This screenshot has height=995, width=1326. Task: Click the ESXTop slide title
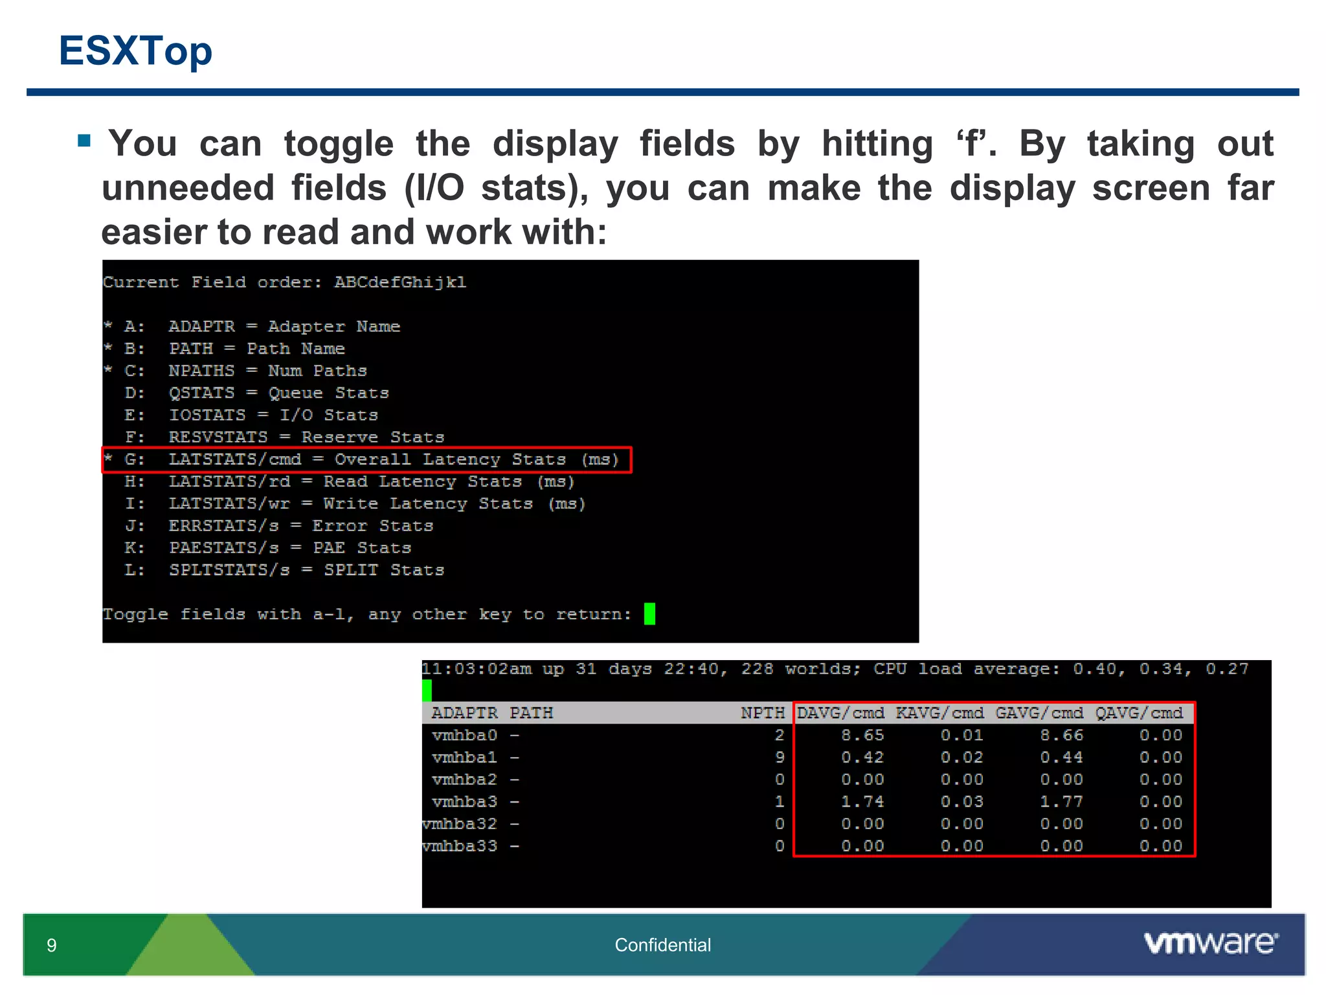coord(135,51)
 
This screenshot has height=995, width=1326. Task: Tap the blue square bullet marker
coord(84,141)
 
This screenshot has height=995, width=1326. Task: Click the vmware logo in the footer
coord(1211,943)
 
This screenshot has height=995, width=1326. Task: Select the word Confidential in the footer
coord(662,945)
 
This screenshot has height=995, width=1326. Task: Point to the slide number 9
coord(52,946)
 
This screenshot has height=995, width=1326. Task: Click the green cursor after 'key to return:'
coord(649,613)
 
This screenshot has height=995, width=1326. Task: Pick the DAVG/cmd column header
coord(840,713)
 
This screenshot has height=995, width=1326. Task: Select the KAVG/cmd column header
coord(939,713)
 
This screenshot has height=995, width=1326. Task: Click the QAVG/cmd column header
coord(1139,713)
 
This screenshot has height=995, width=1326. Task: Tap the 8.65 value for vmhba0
coord(862,735)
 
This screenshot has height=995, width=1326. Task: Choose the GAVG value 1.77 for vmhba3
coord(1061,802)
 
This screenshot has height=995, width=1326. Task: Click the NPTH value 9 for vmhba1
coord(780,757)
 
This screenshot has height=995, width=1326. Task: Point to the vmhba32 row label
coord(460,824)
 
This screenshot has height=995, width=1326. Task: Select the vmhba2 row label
coord(464,779)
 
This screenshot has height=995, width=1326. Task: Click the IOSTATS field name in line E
coord(207,415)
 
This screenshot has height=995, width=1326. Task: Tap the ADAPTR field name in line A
coord(202,326)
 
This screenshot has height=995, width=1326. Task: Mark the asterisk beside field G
coord(109,459)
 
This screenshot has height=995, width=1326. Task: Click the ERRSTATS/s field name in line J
coord(224,526)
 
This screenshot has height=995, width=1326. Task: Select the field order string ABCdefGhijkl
coord(400,282)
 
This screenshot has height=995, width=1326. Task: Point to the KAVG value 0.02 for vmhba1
coord(961,757)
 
